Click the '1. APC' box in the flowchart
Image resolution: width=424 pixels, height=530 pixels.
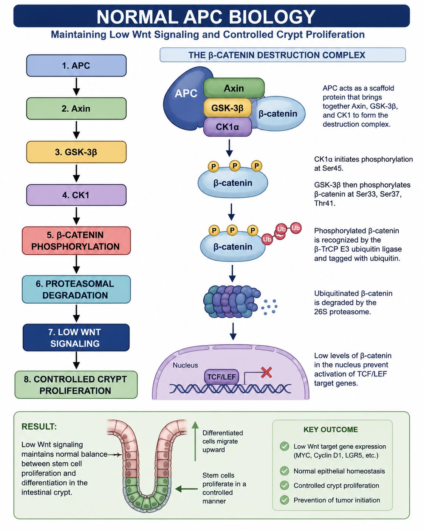76,65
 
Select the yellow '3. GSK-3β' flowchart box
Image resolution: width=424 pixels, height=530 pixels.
76,152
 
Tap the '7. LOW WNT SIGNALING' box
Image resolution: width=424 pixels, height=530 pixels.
76,338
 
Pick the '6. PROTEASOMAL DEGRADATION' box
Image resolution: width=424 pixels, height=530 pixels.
76,289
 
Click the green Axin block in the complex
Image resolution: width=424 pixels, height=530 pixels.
234,88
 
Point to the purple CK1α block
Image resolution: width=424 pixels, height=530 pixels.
227,127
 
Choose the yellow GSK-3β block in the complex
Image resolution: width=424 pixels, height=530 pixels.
227,108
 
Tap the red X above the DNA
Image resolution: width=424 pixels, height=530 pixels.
266,372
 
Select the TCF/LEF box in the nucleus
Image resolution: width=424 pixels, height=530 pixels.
221,377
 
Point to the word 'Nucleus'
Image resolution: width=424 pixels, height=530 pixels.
185,365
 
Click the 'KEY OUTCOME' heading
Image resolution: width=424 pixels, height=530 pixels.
330,429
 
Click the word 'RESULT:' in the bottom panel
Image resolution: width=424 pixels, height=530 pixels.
39,426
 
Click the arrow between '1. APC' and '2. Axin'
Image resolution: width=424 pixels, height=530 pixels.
76,87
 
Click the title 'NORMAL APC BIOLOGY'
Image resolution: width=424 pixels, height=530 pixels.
206,17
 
